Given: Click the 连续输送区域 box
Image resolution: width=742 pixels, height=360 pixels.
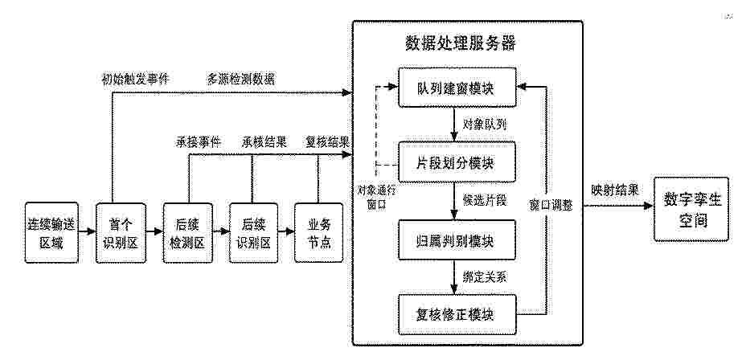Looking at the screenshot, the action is (51, 233).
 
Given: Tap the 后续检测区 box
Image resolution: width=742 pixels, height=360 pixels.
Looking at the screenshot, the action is (187, 233).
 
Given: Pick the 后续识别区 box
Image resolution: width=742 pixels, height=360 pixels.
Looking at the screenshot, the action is (253, 233).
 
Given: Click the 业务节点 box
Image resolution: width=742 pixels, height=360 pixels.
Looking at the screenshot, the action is (318, 233).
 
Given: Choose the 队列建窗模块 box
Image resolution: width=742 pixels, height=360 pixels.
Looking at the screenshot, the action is (456, 88).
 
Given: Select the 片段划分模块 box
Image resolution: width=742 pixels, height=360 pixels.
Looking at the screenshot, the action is (456, 163).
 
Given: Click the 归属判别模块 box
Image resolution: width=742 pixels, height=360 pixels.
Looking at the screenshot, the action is (456, 239).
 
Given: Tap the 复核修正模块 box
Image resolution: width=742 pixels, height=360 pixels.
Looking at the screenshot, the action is (456, 314).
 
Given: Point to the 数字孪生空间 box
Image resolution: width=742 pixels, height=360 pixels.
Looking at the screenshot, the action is (691, 210).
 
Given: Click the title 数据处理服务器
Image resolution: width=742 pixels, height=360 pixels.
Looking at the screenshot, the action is (461, 43).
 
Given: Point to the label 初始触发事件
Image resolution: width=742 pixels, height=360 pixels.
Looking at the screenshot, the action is (135, 79).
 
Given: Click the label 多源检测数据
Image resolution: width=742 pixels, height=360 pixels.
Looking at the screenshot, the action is (240, 79).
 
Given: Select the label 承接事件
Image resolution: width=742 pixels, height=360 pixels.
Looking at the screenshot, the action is (199, 142).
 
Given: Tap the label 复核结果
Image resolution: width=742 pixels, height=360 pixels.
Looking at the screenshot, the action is (327, 142).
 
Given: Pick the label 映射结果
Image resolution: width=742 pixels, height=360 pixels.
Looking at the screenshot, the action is (614, 190).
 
